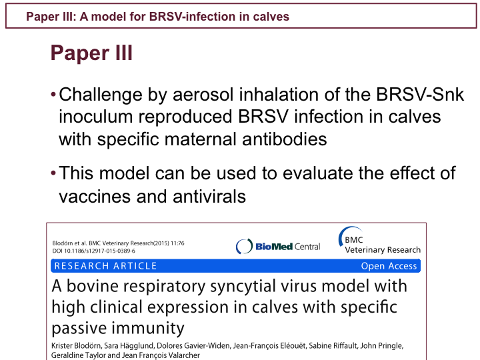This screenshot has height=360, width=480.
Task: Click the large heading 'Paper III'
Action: click(x=91, y=53)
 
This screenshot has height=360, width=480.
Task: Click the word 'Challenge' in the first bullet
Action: click(x=101, y=95)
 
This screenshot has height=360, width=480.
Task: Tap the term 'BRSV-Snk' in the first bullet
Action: click(x=420, y=94)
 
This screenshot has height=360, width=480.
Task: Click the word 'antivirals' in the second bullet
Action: click(x=209, y=196)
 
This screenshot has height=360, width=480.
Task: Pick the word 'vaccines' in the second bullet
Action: click(x=95, y=197)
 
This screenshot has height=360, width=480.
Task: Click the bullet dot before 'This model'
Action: click(x=53, y=173)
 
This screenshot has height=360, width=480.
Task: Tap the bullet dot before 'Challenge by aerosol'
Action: click(x=53, y=94)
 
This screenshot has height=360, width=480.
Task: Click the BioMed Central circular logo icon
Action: click(x=244, y=246)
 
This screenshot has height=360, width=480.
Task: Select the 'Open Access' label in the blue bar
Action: click(x=389, y=266)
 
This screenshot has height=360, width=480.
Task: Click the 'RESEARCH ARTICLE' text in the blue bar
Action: click(x=105, y=266)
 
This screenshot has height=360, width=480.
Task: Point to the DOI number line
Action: click(x=94, y=251)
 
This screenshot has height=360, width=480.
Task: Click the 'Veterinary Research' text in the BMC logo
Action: click(x=383, y=250)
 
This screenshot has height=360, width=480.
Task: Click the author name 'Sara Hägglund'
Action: click(x=129, y=346)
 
